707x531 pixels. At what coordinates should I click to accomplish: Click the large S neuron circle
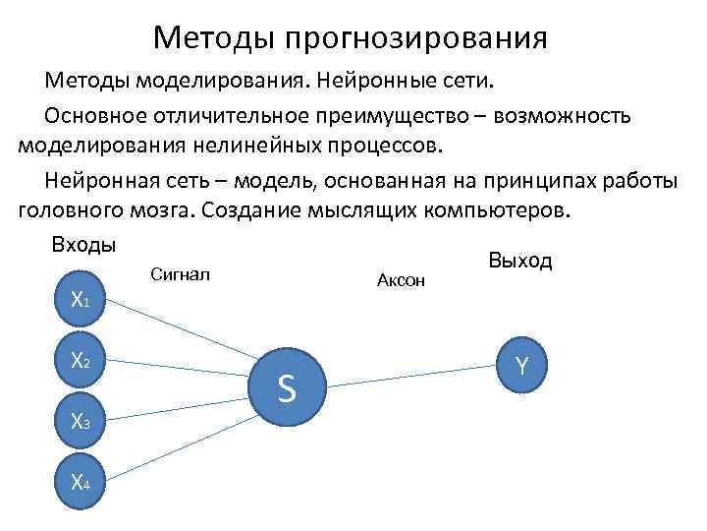[287, 390]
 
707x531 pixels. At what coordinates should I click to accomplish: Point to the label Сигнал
[182, 272]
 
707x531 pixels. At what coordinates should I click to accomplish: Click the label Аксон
[401, 281]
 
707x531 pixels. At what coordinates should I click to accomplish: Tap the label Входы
[84, 243]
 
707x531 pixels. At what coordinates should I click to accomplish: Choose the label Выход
[519, 260]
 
